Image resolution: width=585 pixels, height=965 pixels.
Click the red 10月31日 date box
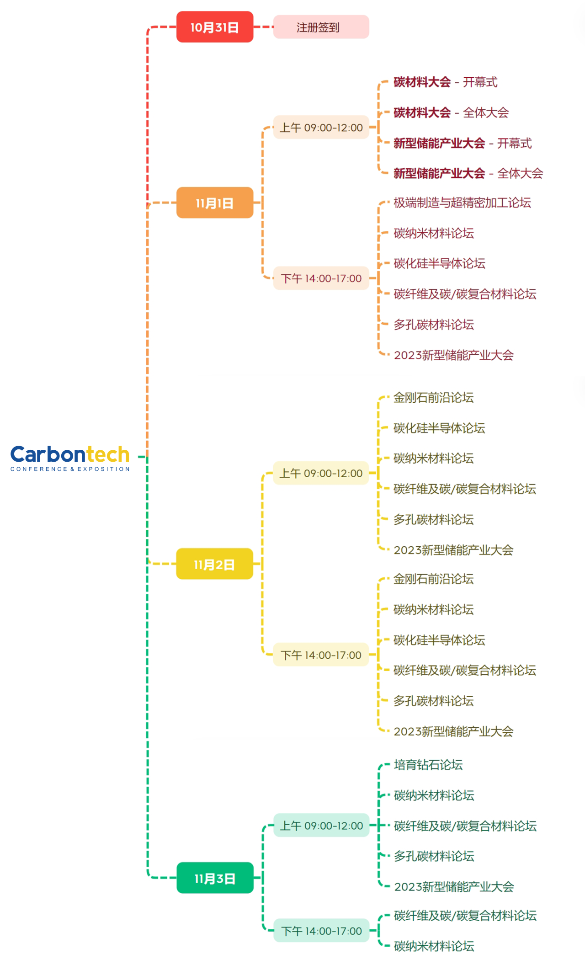pyautogui.click(x=215, y=27)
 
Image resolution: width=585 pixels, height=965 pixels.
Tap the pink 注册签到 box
pyautogui.click(x=321, y=27)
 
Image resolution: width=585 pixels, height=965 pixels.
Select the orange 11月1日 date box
pyautogui.click(x=215, y=203)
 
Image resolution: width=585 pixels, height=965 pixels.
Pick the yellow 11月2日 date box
pyautogui.click(x=214, y=564)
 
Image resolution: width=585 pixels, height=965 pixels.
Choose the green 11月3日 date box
pyautogui.click(x=215, y=878)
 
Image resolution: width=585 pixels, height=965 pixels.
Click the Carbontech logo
pyautogui.click(x=70, y=458)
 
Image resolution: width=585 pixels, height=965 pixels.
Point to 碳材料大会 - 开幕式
pyautogui.click(x=445, y=82)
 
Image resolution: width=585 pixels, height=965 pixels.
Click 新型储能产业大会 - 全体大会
pyautogui.click(x=468, y=173)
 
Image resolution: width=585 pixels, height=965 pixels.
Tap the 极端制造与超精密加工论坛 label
pyautogui.click(x=462, y=203)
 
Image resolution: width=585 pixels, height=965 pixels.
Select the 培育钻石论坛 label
pyautogui.click(x=428, y=765)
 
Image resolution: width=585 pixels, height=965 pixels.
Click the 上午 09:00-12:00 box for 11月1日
pyautogui.click(x=321, y=128)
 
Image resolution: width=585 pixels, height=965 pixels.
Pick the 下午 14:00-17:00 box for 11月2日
pyautogui.click(x=321, y=655)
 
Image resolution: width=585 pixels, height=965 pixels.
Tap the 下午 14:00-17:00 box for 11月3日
pyautogui.click(x=321, y=931)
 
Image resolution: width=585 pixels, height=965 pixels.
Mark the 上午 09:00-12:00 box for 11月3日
pyautogui.click(x=321, y=826)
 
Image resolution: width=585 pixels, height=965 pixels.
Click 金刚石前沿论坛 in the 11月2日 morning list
pyautogui.click(x=433, y=398)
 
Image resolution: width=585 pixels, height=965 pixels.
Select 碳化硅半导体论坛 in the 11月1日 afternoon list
pyautogui.click(x=439, y=263)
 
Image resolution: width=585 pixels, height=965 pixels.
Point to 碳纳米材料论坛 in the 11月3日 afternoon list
pyautogui.click(x=434, y=946)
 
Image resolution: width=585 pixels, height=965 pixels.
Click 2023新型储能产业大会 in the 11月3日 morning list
pyautogui.click(x=454, y=887)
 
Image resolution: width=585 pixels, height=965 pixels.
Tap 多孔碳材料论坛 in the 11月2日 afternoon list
pyautogui.click(x=433, y=701)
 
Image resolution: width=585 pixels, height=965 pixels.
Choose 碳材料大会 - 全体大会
pyautogui.click(x=451, y=112)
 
